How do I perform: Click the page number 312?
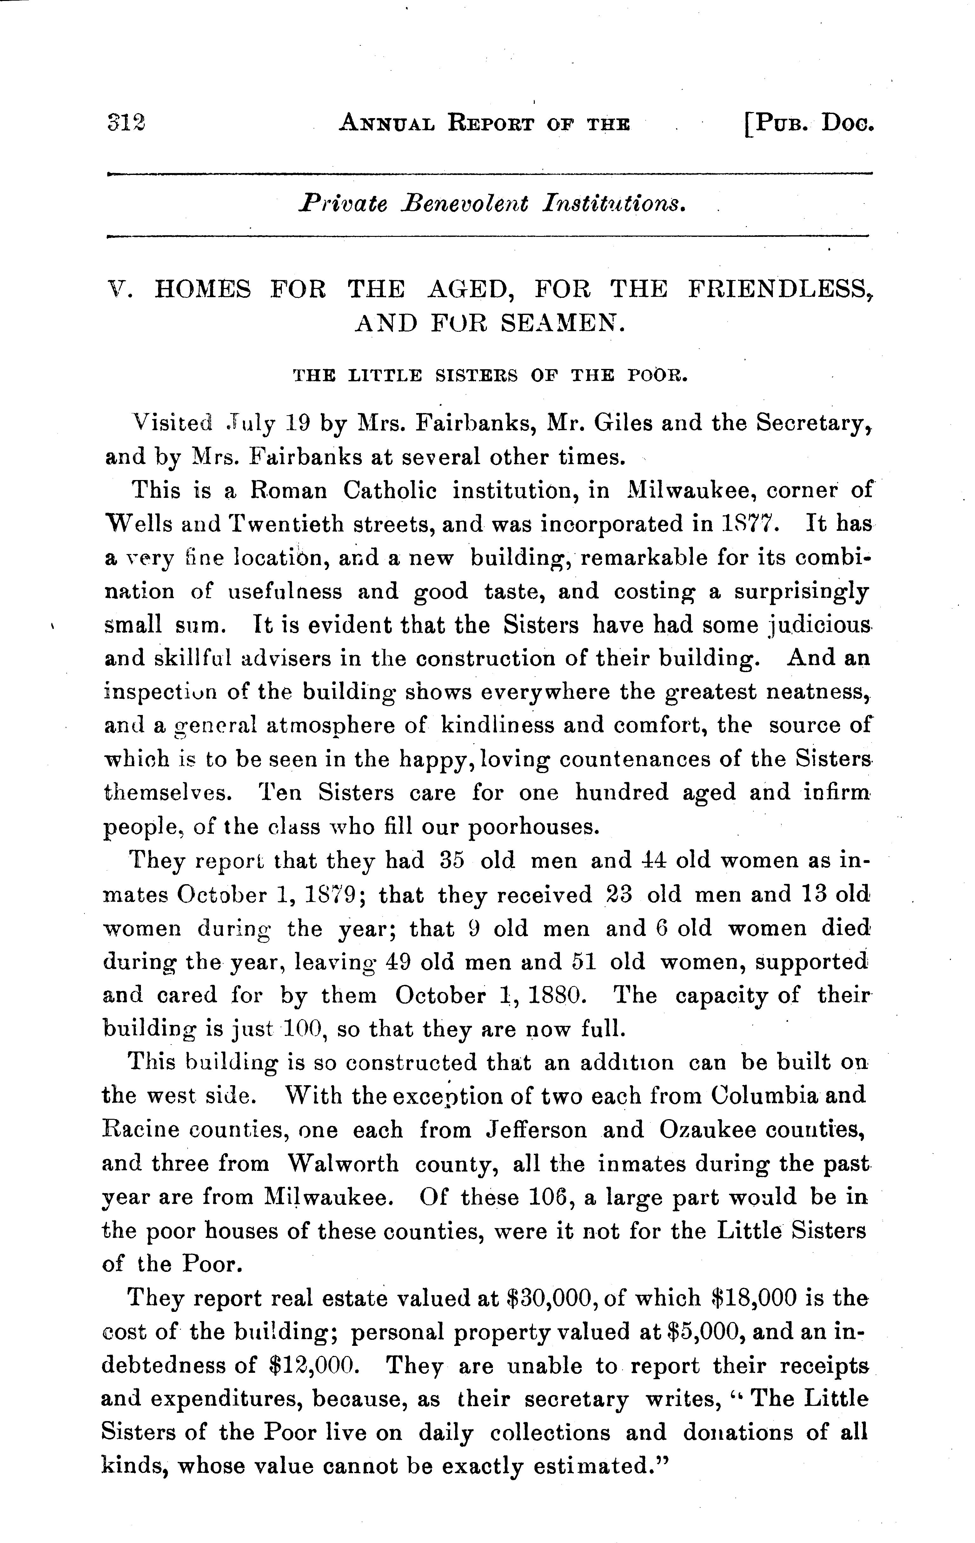tap(126, 122)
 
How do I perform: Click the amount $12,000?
tap(313, 1366)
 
